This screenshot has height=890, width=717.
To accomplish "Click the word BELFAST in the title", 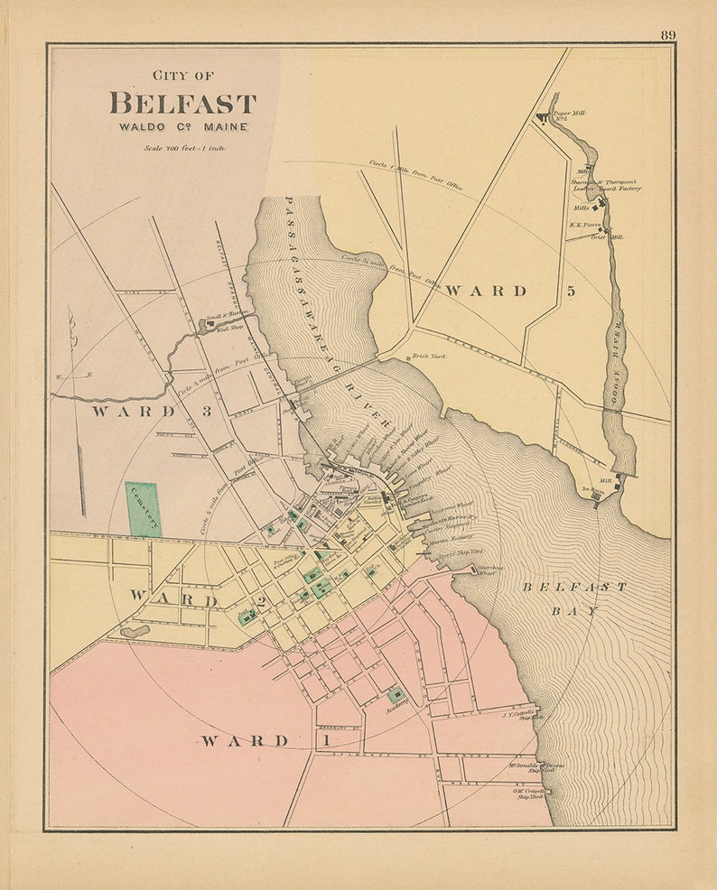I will point(183,103).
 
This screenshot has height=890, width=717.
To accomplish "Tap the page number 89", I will point(667,35).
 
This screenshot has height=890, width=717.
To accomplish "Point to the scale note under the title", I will point(183,146).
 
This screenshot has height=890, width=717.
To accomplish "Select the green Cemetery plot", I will point(143,509).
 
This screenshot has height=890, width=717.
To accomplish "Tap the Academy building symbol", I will point(396,694).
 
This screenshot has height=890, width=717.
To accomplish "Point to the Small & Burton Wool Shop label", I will point(226,316).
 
